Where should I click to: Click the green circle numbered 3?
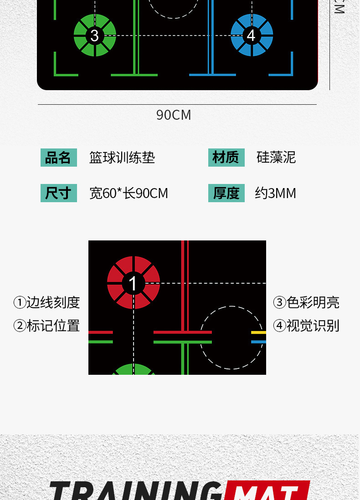(x=95, y=35)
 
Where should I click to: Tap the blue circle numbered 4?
(x=252, y=35)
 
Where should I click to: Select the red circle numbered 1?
(x=133, y=283)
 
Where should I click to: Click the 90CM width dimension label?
(x=174, y=115)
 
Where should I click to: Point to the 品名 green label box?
(x=58, y=158)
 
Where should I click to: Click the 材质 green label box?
(x=226, y=158)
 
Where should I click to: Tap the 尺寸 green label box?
(x=58, y=193)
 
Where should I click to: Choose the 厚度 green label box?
(x=226, y=193)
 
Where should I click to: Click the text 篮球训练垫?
(x=122, y=158)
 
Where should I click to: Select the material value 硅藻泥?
(x=276, y=158)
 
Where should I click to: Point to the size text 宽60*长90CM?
(x=129, y=193)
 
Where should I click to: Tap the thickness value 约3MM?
(x=275, y=193)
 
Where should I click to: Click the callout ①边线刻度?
(x=46, y=302)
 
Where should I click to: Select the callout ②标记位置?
(x=46, y=326)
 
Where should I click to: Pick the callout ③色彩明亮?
(x=306, y=302)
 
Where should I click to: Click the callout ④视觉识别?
(x=306, y=326)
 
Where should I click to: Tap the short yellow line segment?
(x=258, y=332)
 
